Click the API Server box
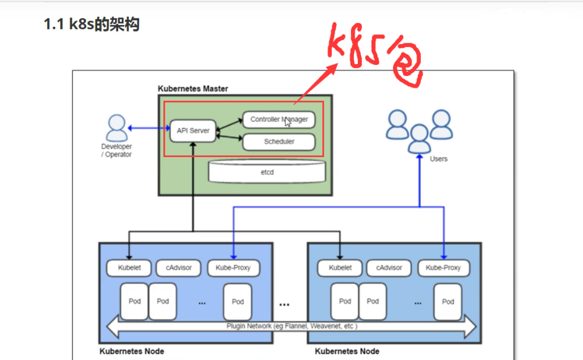click(193, 131)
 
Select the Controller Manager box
click(279, 119)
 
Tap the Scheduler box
click(279, 142)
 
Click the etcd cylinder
click(267, 171)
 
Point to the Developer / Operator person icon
click(117, 128)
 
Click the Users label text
click(439, 158)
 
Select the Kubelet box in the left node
click(129, 268)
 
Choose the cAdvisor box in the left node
click(178, 268)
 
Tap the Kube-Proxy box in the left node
click(233, 268)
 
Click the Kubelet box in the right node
click(340, 268)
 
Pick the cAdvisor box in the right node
click(389, 268)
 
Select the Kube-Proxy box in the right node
click(444, 268)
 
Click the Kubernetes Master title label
click(193, 89)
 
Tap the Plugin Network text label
click(292, 326)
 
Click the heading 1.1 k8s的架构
click(92, 25)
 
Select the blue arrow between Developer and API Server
click(149, 128)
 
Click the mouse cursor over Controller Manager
click(288, 122)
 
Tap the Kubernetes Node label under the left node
click(132, 351)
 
